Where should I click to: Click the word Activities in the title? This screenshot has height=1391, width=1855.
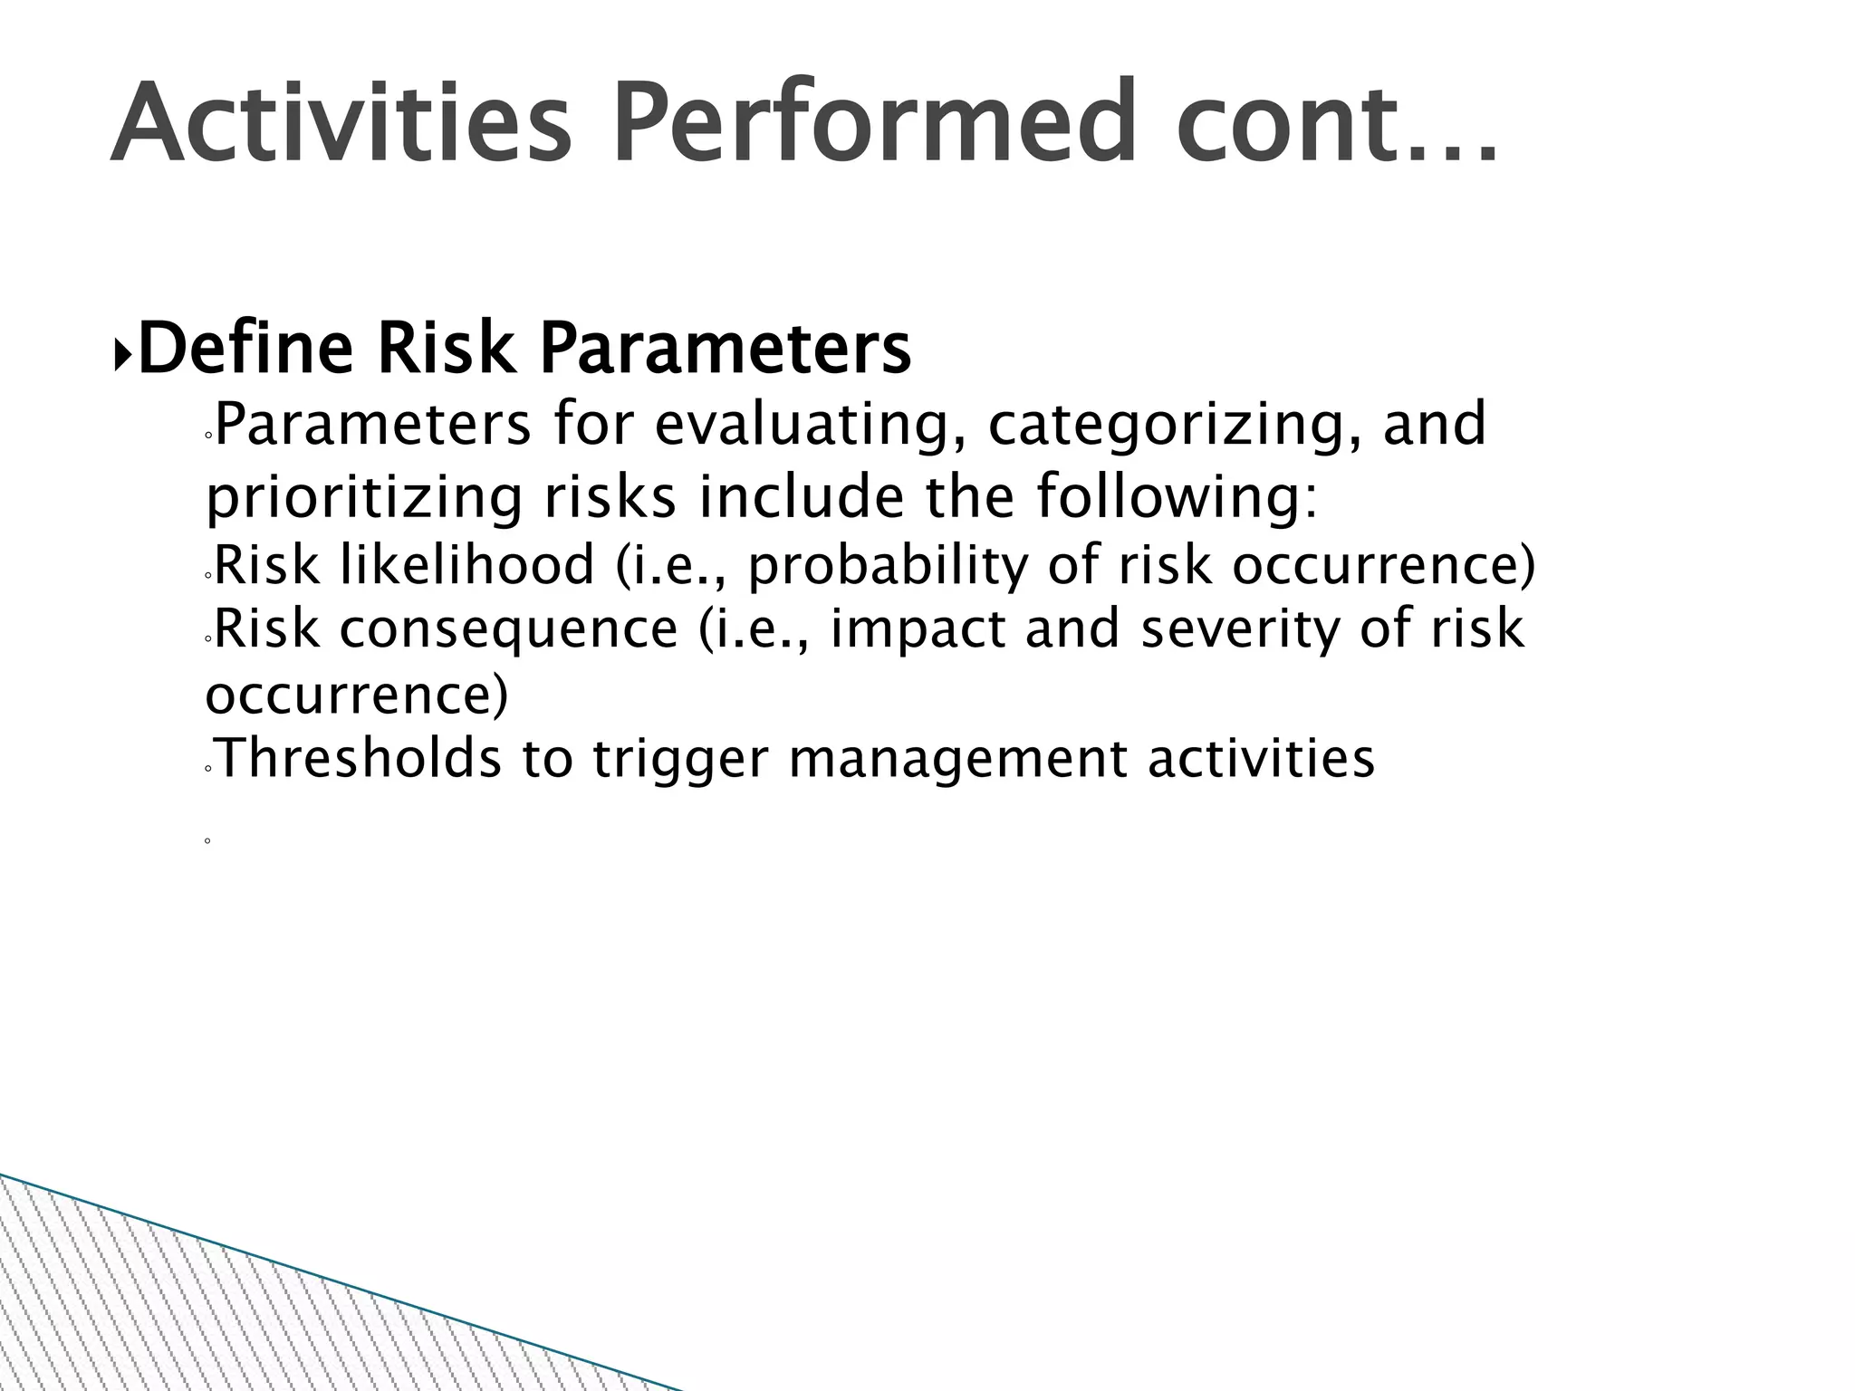tap(341, 123)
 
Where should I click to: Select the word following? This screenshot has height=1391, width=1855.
tap(1177, 499)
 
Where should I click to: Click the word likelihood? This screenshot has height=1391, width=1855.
tap(467, 565)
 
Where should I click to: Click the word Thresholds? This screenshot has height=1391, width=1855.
tap(358, 758)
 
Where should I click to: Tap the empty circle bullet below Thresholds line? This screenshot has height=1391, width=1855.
tap(207, 841)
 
